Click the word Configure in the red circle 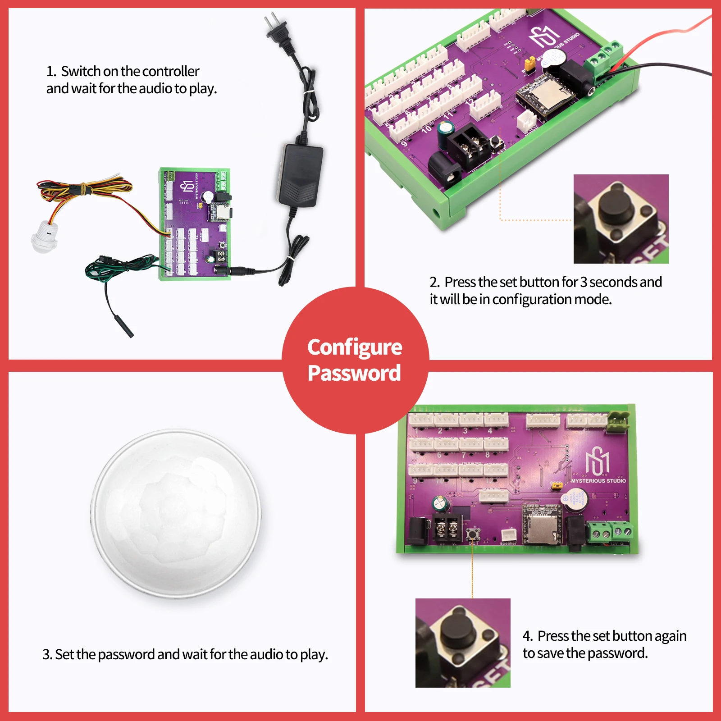[355, 347]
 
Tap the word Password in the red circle [354, 373]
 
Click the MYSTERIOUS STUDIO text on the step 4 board [598, 481]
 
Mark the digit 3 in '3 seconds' [584, 282]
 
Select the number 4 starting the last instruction [527, 636]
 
